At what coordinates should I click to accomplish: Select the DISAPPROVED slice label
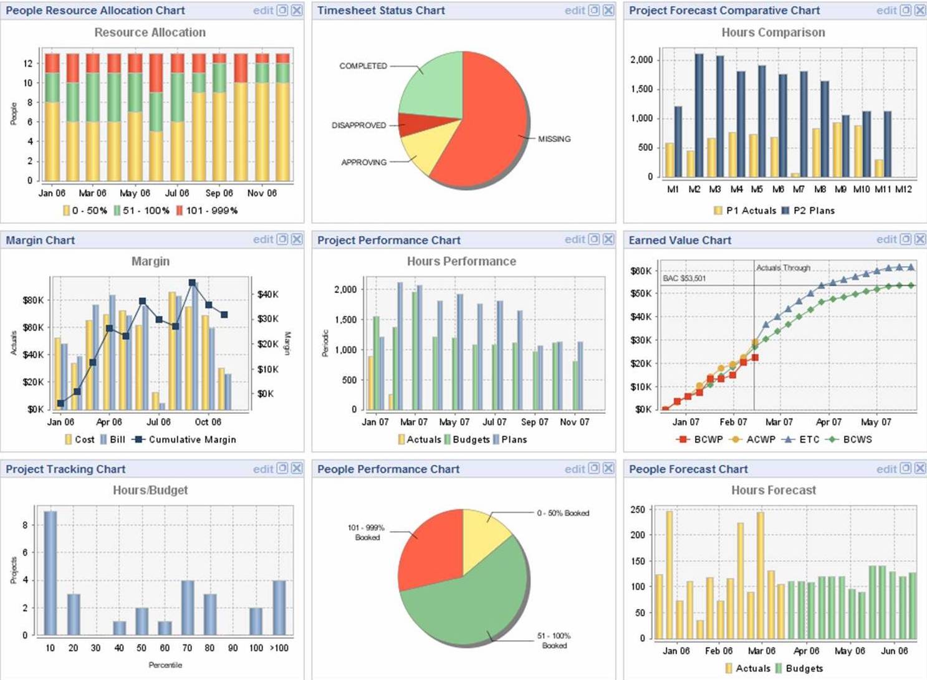pos(358,125)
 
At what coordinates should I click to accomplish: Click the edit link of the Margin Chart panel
pos(263,239)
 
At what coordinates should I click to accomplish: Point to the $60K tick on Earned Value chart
pos(641,271)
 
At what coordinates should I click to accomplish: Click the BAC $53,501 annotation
pos(684,278)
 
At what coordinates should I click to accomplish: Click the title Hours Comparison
pos(773,32)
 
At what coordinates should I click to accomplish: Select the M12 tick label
pos(903,189)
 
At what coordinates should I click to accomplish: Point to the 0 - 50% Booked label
pos(563,513)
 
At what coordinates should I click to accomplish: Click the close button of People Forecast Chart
pos(920,469)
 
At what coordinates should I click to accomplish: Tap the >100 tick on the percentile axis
pos(279,648)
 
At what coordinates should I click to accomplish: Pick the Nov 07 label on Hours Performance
pos(574,422)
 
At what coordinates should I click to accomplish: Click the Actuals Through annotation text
pos(783,268)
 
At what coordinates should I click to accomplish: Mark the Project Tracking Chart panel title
pos(65,469)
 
